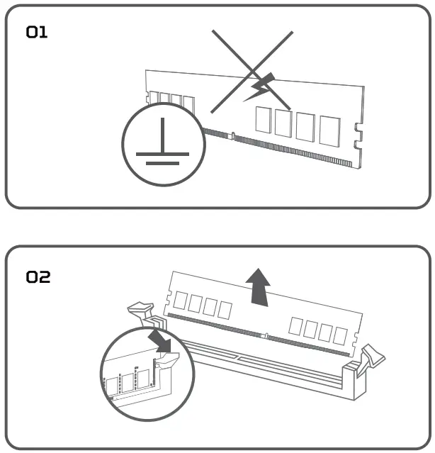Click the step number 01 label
pyautogui.click(x=37, y=32)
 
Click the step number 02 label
pyautogui.click(x=38, y=276)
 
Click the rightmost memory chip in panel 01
pyautogui.click(x=329, y=130)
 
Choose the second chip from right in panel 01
pyautogui.click(x=306, y=126)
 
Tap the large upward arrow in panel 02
pyautogui.click(x=261, y=288)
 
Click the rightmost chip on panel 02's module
pyautogui.click(x=341, y=332)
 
